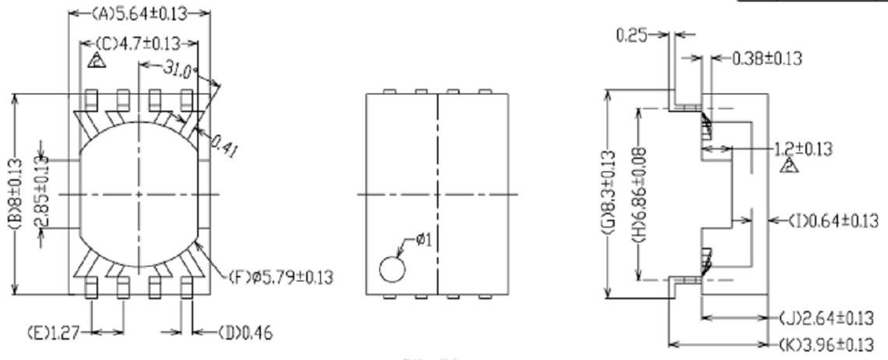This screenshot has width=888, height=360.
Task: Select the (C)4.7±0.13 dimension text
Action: point(144,44)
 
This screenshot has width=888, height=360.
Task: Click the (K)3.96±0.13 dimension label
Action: point(829,344)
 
